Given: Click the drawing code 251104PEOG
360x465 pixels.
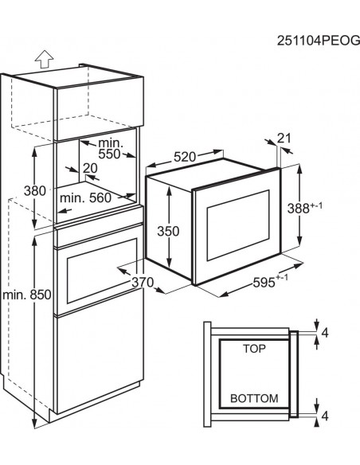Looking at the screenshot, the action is tap(319, 41).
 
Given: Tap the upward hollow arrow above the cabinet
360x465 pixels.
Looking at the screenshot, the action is tap(44, 59).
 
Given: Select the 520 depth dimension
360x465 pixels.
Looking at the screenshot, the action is tap(185, 157).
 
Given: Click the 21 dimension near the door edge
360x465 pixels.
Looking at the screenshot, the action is tap(284, 139).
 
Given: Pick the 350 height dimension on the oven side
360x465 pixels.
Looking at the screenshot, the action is tap(168, 231).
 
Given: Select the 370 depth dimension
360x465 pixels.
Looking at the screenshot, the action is tap(143, 282).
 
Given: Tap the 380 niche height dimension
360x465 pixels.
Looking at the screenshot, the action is tap(35, 190).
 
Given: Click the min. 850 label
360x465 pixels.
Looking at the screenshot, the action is tap(27, 295).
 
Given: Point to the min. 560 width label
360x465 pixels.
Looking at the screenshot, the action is tap(85, 197).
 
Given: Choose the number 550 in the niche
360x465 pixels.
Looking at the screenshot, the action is tap(109, 154).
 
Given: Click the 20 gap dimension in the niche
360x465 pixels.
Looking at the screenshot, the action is tap(90, 168).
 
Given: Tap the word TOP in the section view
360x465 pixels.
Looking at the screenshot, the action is tap(254, 349).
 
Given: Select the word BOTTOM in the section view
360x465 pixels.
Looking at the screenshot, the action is tap(254, 398).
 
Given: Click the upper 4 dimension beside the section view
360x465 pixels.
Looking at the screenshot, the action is tap(325, 333).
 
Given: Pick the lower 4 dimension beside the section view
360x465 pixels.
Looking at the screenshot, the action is tap(325, 416).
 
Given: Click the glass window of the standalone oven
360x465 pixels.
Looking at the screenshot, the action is tap(238, 225).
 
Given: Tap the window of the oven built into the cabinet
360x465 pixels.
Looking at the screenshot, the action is tap(102, 271).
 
